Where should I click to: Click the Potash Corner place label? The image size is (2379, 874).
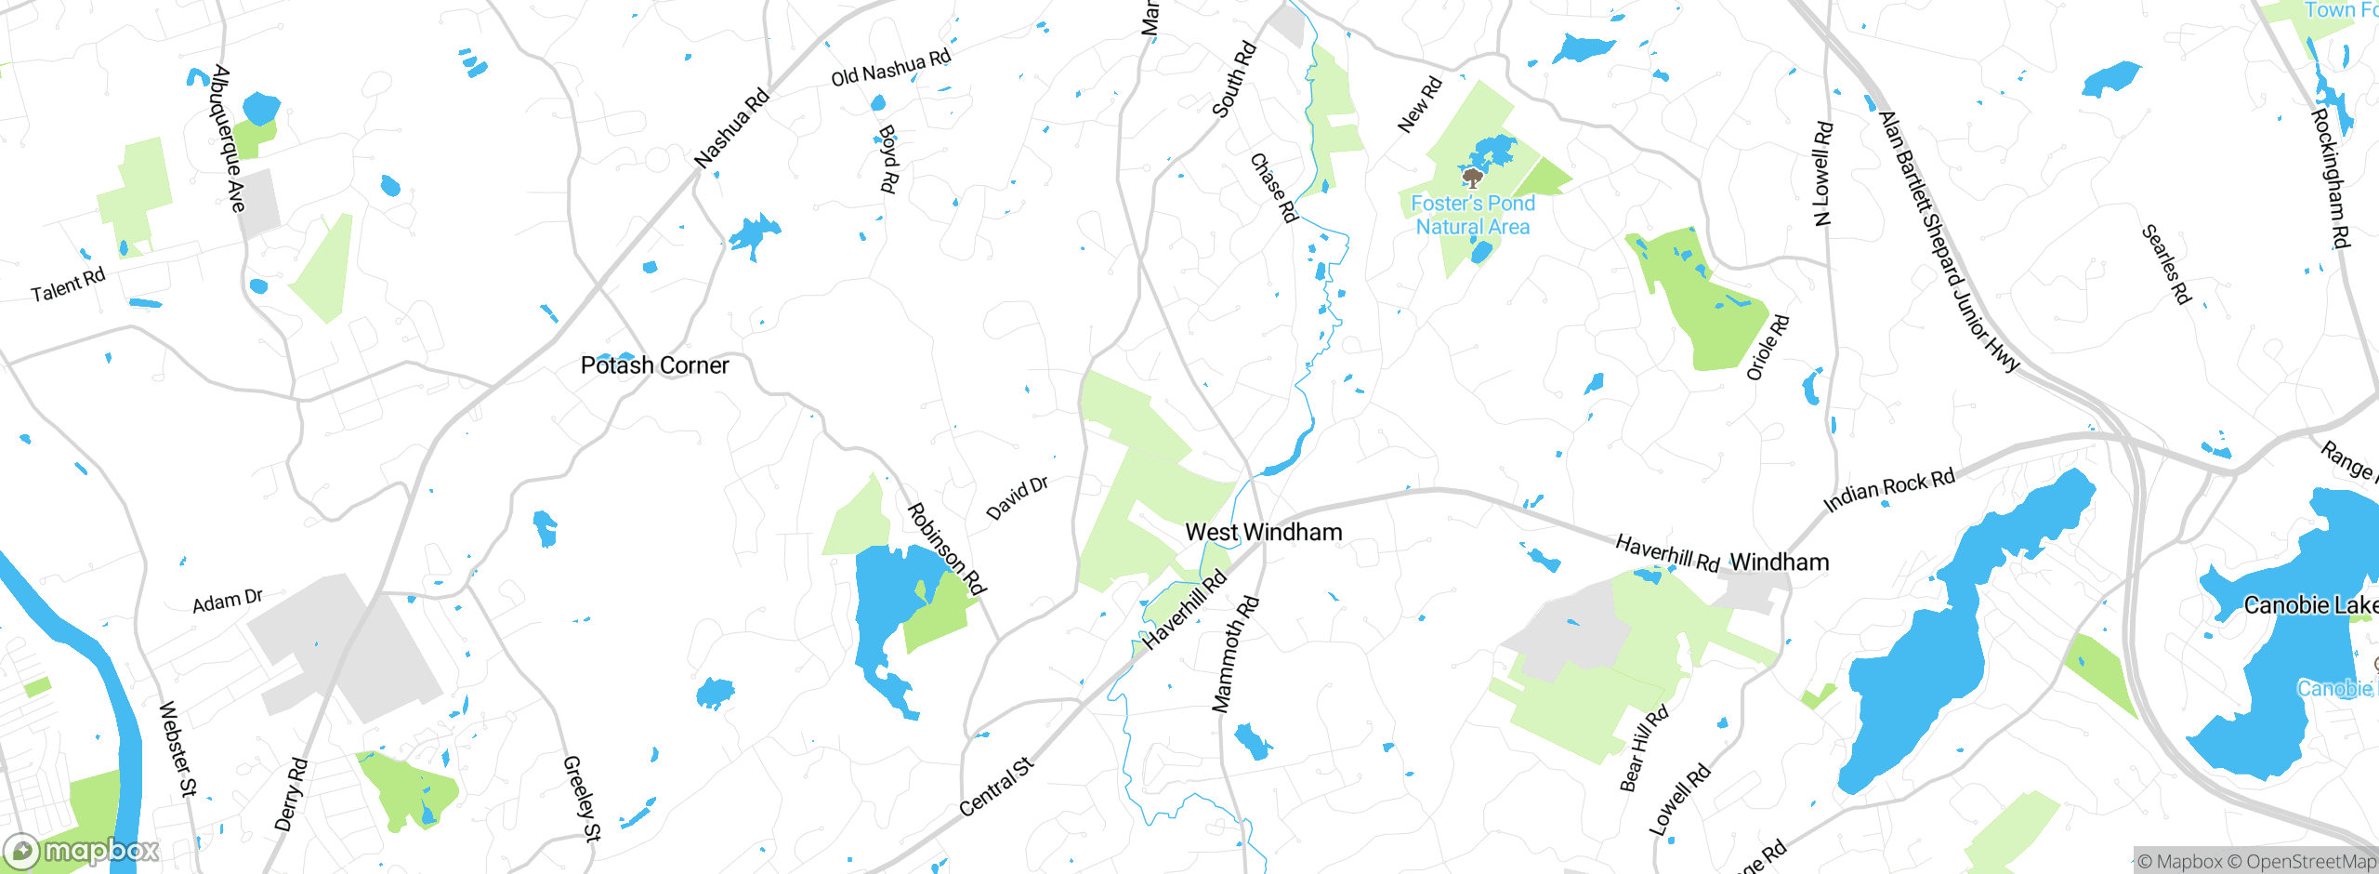654,365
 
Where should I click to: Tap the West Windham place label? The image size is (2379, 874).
1263,533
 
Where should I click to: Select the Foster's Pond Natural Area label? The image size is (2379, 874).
1472,215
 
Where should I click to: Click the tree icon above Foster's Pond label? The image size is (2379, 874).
1471,178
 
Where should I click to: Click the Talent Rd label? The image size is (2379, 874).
68,285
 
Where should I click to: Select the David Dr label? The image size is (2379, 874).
1017,498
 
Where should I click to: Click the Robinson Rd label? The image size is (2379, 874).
946,549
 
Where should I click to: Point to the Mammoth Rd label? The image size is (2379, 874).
1235,655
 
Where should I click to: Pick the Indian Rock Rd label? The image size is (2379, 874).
1888,491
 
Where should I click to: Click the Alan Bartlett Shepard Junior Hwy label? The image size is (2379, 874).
1948,243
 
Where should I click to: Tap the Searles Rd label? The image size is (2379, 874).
2166,265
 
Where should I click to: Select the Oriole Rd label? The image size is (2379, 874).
1768,348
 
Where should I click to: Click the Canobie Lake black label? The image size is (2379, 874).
2309,606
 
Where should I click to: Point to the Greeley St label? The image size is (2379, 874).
582,798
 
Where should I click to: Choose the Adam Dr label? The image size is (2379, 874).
228,602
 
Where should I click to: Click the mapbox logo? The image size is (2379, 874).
81,851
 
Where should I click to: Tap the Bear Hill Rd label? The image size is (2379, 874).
1643,748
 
